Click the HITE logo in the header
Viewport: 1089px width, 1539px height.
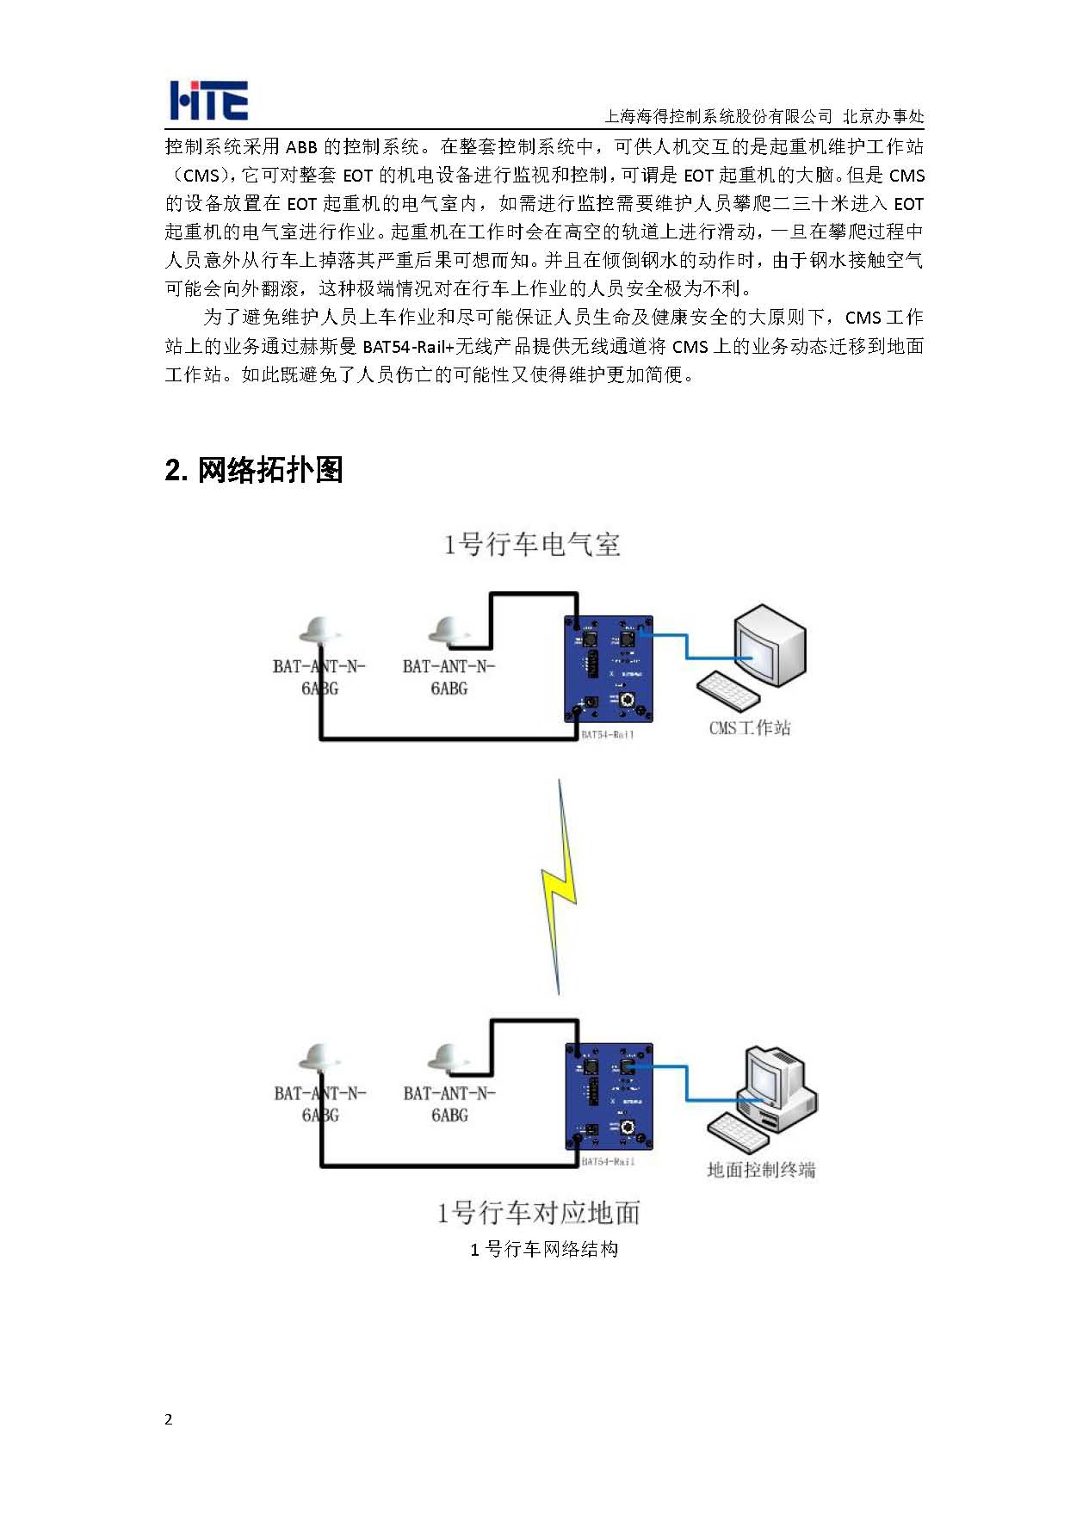click(x=208, y=101)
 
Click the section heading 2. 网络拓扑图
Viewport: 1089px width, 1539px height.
click(x=254, y=470)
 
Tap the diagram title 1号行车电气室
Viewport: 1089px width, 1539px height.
click(x=531, y=545)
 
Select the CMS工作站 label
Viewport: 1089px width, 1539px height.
click(x=749, y=728)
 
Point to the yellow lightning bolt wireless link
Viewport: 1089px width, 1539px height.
click(x=559, y=887)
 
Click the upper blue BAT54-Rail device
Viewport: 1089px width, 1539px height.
click(x=609, y=671)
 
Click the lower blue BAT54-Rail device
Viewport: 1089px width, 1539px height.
click(x=609, y=1097)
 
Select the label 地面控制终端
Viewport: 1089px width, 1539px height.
click(x=761, y=1170)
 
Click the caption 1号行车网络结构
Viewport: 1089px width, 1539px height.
click(x=544, y=1249)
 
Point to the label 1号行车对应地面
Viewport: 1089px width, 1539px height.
click(x=538, y=1213)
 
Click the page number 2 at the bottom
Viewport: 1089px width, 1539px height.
click(x=169, y=1419)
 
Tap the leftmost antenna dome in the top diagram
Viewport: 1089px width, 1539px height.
click(x=320, y=631)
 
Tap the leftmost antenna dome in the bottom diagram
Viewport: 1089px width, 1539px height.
click(x=320, y=1058)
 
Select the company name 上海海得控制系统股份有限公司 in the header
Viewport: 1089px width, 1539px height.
click(x=719, y=117)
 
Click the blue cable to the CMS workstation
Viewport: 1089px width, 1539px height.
click(x=686, y=646)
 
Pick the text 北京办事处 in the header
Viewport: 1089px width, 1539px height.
click(x=883, y=117)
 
